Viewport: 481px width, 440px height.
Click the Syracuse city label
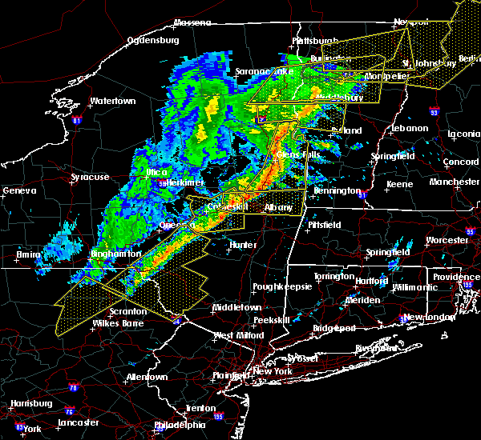(89, 177)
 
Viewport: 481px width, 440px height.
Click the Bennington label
(337, 191)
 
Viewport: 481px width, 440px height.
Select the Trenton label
(200, 408)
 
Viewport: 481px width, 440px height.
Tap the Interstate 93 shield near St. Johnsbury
(435, 110)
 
